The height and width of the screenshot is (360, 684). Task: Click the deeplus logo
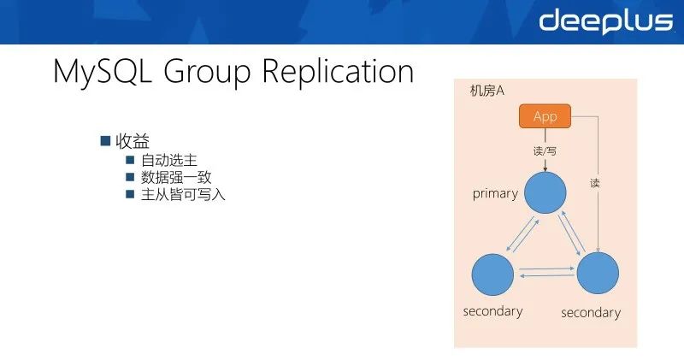605,21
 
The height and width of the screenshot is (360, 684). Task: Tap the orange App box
545,116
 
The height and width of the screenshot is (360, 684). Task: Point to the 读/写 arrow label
545,150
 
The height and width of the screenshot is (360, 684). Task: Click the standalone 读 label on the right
595,183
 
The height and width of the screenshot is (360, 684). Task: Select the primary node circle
545,192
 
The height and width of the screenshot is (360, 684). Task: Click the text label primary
495,193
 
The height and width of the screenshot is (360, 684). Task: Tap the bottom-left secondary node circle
492,274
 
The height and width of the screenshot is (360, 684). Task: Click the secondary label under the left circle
492,311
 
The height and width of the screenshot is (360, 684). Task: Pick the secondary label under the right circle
591,313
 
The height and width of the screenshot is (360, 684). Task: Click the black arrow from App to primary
545,139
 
